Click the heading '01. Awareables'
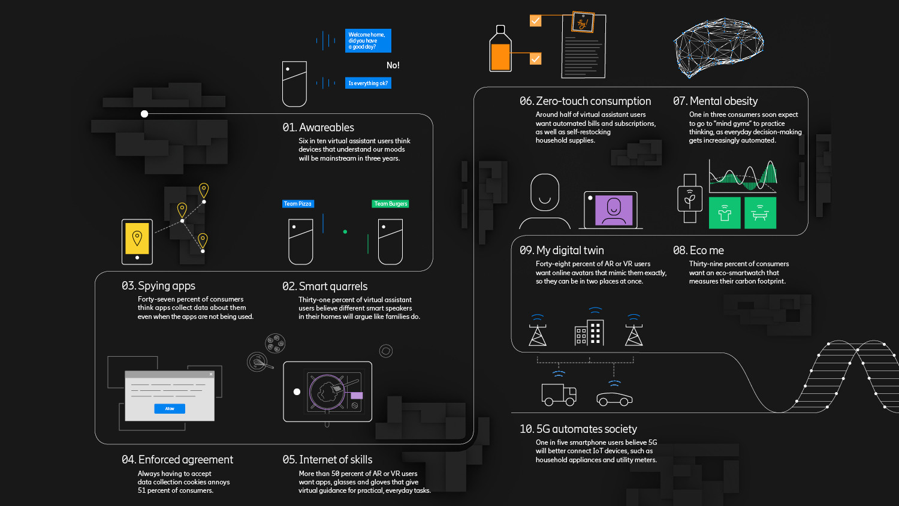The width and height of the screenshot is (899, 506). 318,128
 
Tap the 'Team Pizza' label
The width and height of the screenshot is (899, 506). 298,204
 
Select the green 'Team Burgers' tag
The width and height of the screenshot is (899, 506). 390,204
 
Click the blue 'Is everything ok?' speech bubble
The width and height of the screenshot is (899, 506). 368,83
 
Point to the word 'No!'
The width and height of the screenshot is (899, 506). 393,65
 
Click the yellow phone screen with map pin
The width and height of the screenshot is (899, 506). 137,238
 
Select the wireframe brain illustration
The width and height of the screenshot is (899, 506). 718,46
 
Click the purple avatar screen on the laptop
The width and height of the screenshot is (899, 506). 614,210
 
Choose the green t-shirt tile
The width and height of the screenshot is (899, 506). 725,213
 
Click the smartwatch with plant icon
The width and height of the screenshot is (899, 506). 690,198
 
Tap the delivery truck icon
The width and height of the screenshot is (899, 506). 559,394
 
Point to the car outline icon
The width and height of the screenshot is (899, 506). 614,399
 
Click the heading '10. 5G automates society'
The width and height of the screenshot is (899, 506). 578,429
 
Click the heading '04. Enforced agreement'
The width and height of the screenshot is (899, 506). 177,460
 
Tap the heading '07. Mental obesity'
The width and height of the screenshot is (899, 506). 715,101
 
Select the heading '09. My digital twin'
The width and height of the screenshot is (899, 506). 562,251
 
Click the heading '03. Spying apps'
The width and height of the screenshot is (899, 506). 158,286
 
